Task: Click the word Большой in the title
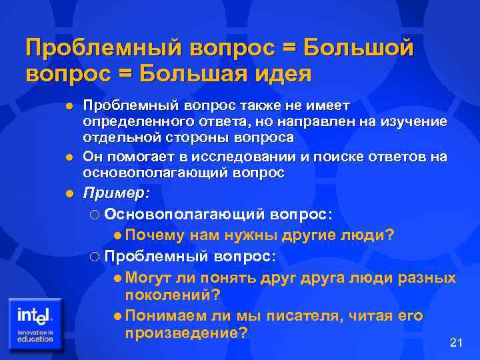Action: pyautogui.click(x=359, y=47)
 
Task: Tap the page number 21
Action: pyautogui.click(x=457, y=343)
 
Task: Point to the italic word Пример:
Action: pyautogui.click(x=117, y=193)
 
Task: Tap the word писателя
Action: pyautogui.click(x=303, y=315)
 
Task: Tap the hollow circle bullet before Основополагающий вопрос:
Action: pyautogui.click(x=93, y=215)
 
